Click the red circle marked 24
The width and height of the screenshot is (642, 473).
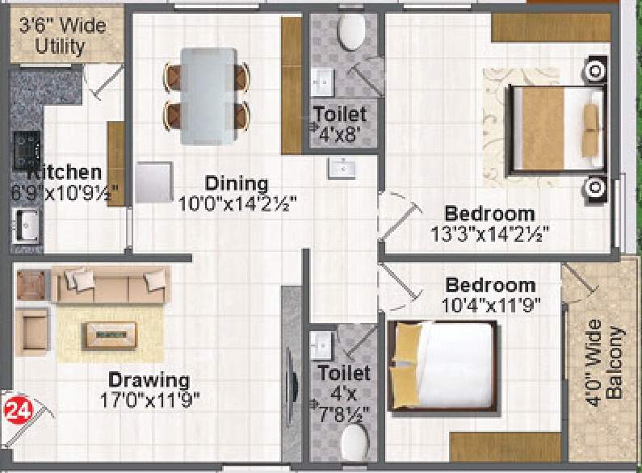pyautogui.click(x=18, y=409)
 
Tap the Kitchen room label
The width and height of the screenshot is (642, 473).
pyautogui.click(x=65, y=172)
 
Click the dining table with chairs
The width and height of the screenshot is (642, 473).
pyautogui.click(x=207, y=95)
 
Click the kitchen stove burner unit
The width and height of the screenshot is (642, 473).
pyautogui.click(x=26, y=148)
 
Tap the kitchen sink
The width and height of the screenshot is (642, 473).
pyautogui.click(x=26, y=225)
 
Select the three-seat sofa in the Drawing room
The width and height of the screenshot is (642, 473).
pyautogui.click(x=109, y=283)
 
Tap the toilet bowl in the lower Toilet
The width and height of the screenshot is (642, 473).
pyautogui.click(x=353, y=442)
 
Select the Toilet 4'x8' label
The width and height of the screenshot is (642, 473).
pyautogui.click(x=340, y=123)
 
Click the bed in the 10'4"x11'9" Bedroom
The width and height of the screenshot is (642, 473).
pyautogui.click(x=443, y=366)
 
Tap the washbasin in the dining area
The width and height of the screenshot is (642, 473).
pyautogui.click(x=342, y=168)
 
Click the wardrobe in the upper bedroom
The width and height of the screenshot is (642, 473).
pyautogui.click(x=540, y=27)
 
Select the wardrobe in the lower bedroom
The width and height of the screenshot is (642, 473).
pyautogui.click(x=505, y=446)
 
